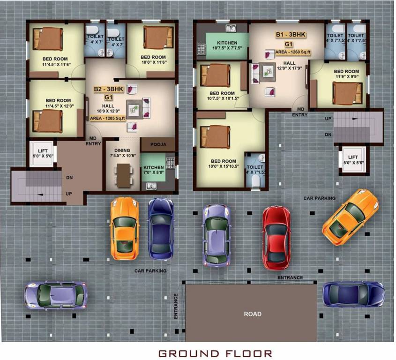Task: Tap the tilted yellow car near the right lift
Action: pyautogui.click(x=350, y=217)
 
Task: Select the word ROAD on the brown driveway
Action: pyautogui.click(x=252, y=314)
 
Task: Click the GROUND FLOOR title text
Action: pyautogui.click(x=215, y=353)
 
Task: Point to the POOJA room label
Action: pyautogui.click(x=158, y=145)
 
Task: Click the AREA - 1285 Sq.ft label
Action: pyautogui.click(x=108, y=119)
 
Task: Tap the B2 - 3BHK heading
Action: pyautogui.click(x=108, y=89)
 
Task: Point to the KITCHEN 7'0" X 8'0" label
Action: pyautogui.click(x=153, y=170)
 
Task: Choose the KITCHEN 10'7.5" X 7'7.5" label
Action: pyautogui.click(x=227, y=45)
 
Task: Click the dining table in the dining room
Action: pyautogui.click(x=123, y=174)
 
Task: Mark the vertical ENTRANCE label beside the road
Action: pyautogui.click(x=176, y=306)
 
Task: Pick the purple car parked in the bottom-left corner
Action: pyautogui.click(x=56, y=295)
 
